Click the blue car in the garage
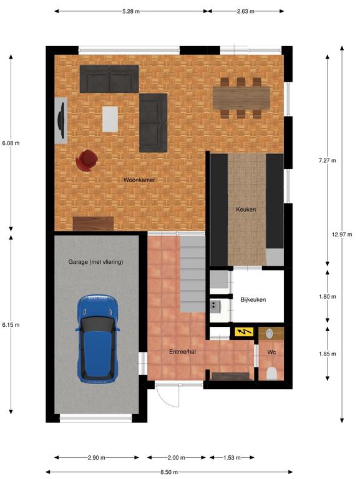[x=98, y=339]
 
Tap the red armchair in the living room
[x=87, y=160]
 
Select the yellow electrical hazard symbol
[x=244, y=331]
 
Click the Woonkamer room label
[x=139, y=180]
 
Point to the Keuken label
[x=246, y=210]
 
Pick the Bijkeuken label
[x=253, y=299]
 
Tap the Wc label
[x=271, y=352]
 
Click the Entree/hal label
[x=182, y=352]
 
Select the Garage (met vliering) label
[x=95, y=262]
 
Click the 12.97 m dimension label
[x=342, y=235]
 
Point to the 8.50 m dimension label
[x=169, y=472]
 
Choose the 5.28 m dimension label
[x=131, y=11]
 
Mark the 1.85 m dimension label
[x=328, y=354]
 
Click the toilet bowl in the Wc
[x=271, y=374]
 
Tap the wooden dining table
[x=241, y=98]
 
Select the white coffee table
[x=110, y=119]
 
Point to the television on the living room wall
[x=62, y=120]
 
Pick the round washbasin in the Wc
[x=270, y=334]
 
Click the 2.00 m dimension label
[x=177, y=457]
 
